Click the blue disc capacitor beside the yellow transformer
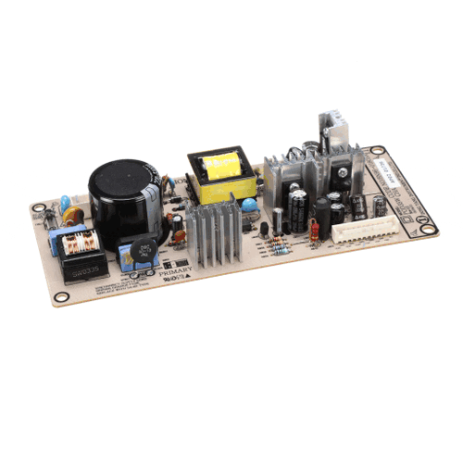248,205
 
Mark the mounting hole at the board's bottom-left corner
61,297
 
